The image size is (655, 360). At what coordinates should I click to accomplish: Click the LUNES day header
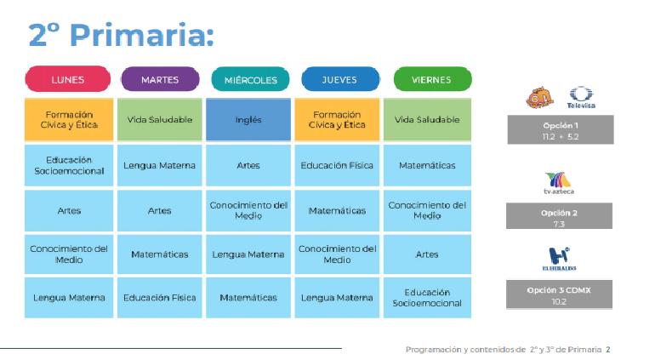point(68,79)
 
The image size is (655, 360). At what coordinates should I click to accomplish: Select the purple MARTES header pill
point(160,79)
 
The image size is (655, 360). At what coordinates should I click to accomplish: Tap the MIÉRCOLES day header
point(250,79)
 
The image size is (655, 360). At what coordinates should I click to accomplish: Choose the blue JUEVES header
point(340,79)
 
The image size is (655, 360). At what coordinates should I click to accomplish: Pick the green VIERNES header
point(432,79)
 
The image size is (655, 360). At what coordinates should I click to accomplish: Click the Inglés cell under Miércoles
point(248,120)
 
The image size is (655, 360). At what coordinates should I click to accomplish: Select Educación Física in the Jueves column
point(337,166)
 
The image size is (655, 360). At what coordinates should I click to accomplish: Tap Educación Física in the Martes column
point(160,298)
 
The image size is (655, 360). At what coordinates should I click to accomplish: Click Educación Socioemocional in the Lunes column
point(69,166)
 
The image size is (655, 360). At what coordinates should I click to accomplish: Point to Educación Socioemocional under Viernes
point(427,298)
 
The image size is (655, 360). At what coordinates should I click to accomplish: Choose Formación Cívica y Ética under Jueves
point(337,120)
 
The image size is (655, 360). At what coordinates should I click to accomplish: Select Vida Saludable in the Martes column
point(160,120)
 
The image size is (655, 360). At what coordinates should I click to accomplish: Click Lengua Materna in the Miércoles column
point(248,254)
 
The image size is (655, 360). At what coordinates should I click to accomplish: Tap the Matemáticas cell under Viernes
point(427,166)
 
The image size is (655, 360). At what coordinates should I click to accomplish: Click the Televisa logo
point(581,98)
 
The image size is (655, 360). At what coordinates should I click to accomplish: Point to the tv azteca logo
point(559,183)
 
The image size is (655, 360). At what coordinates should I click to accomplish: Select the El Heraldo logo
point(559,259)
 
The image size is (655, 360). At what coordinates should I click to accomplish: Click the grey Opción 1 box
point(561,130)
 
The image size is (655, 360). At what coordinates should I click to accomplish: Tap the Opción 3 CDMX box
point(559,294)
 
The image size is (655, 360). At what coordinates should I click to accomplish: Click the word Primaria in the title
point(141,34)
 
